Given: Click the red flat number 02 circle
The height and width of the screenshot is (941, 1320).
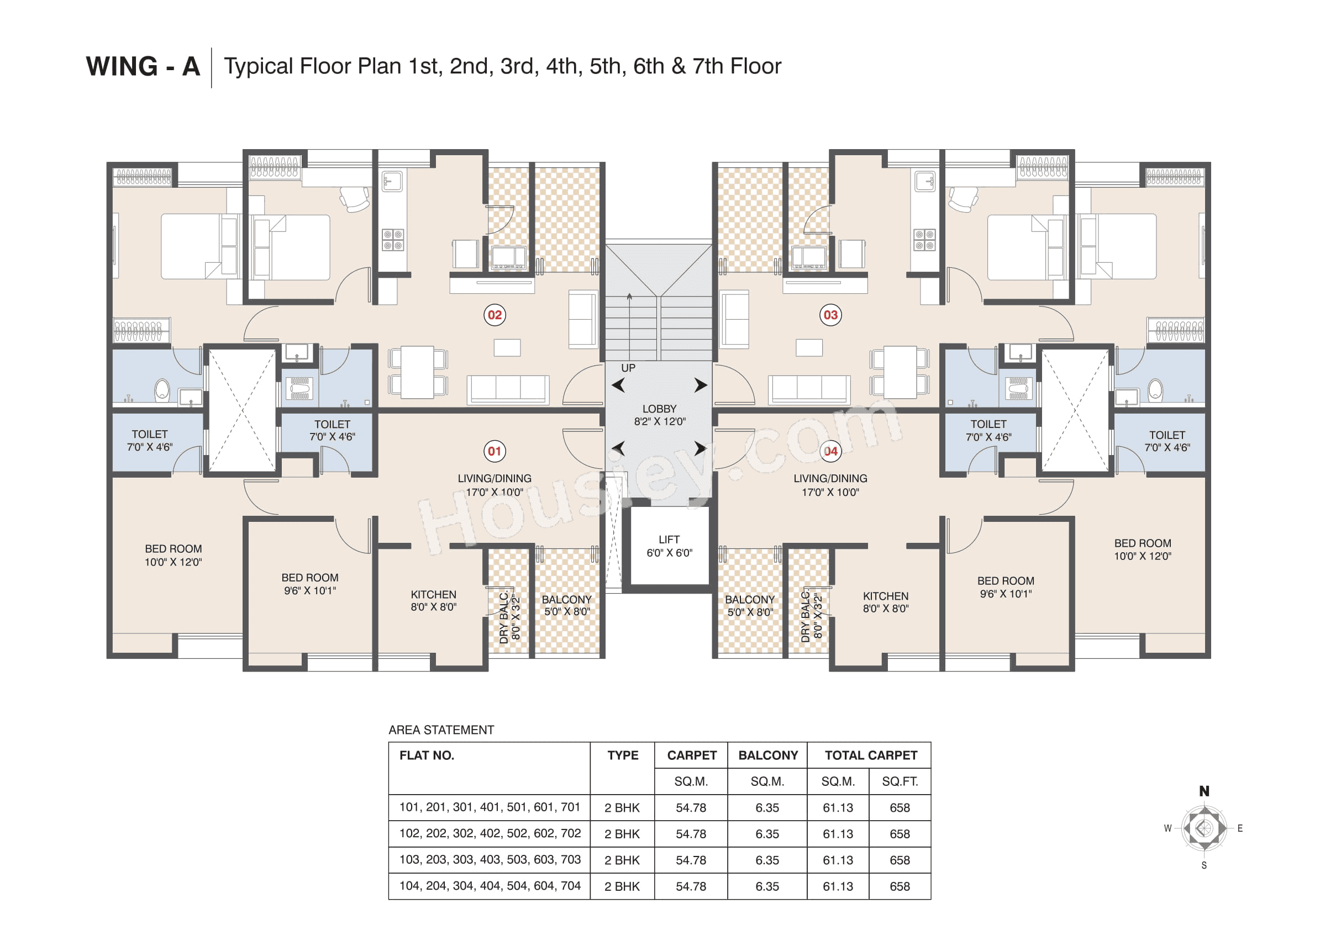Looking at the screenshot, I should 494,315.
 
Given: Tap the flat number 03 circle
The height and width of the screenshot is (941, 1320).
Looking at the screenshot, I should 829,315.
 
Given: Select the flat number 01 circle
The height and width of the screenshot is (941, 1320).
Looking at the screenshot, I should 494,451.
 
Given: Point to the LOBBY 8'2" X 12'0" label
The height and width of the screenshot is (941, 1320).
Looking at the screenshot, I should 659,415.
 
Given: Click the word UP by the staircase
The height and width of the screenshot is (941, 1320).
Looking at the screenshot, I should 628,368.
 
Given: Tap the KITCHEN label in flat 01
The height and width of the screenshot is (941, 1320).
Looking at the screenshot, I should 433,600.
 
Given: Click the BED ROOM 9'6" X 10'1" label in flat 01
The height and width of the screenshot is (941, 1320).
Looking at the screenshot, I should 309,584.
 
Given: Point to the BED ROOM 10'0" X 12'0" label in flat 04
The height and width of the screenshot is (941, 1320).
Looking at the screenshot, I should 1142,549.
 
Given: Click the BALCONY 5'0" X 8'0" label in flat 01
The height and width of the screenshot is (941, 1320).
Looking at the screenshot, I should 566,605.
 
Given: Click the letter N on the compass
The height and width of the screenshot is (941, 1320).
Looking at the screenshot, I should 1203,791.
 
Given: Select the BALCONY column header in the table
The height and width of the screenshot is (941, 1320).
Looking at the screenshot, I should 767,755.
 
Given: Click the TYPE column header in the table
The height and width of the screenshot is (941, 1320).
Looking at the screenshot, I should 622,755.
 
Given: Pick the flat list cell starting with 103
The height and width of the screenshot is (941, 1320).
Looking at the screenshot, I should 490,859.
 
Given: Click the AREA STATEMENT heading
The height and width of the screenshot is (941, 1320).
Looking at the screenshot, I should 440,730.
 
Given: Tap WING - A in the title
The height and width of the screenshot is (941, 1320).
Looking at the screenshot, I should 143,67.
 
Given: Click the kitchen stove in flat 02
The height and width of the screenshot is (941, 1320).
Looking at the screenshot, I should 392,240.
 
